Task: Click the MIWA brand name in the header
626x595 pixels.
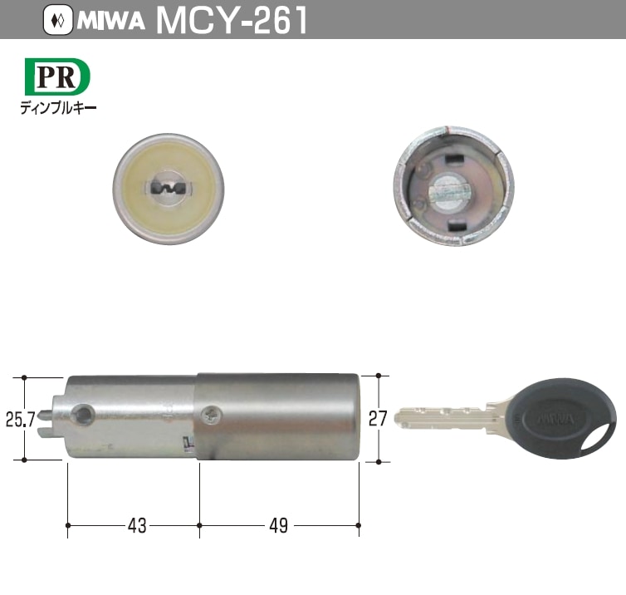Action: [x=112, y=20]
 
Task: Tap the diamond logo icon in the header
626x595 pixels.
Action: [x=57, y=20]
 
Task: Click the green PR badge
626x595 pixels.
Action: [x=56, y=77]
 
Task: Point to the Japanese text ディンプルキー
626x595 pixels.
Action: [x=58, y=107]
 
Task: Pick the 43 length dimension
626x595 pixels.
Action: [x=137, y=526]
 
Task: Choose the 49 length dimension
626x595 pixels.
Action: [x=278, y=526]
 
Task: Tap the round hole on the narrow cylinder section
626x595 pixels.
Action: [x=84, y=412]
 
